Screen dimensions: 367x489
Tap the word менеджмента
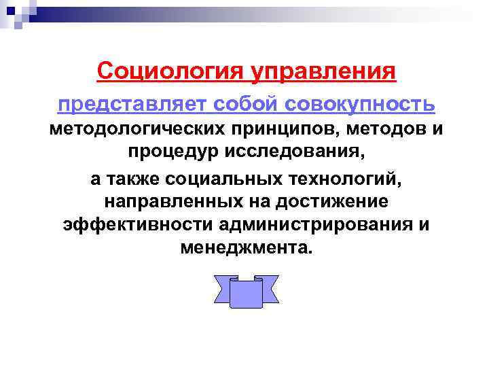click(x=245, y=247)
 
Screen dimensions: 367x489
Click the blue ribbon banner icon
click(x=246, y=290)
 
